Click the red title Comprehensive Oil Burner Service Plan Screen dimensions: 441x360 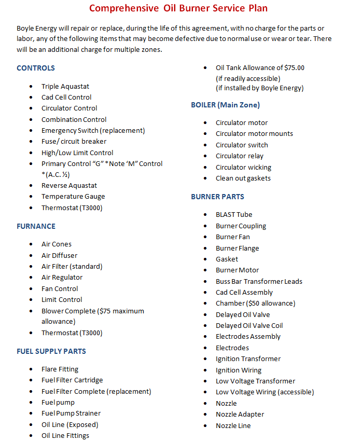(x=178, y=8)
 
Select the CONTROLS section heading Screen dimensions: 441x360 (x=35, y=68)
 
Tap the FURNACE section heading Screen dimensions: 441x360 (x=36, y=226)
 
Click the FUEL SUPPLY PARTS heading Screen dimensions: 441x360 (x=51, y=351)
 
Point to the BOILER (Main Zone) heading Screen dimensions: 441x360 (x=225, y=105)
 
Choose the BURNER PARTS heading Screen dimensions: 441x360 (x=217, y=197)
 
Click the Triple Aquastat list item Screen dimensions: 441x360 (x=65, y=87)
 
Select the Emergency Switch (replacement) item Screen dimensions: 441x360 (x=93, y=131)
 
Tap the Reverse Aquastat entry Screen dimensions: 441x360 (x=69, y=186)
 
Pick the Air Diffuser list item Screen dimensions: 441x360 (x=59, y=255)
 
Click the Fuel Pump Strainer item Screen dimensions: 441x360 (x=71, y=414)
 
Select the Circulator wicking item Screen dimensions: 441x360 (x=243, y=168)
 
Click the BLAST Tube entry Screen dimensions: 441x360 (x=234, y=215)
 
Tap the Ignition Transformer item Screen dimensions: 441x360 (x=248, y=359)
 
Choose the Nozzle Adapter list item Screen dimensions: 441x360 (x=240, y=415)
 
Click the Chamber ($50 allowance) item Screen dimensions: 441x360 (x=255, y=304)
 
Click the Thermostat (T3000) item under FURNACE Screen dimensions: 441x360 (x=72, y=333)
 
